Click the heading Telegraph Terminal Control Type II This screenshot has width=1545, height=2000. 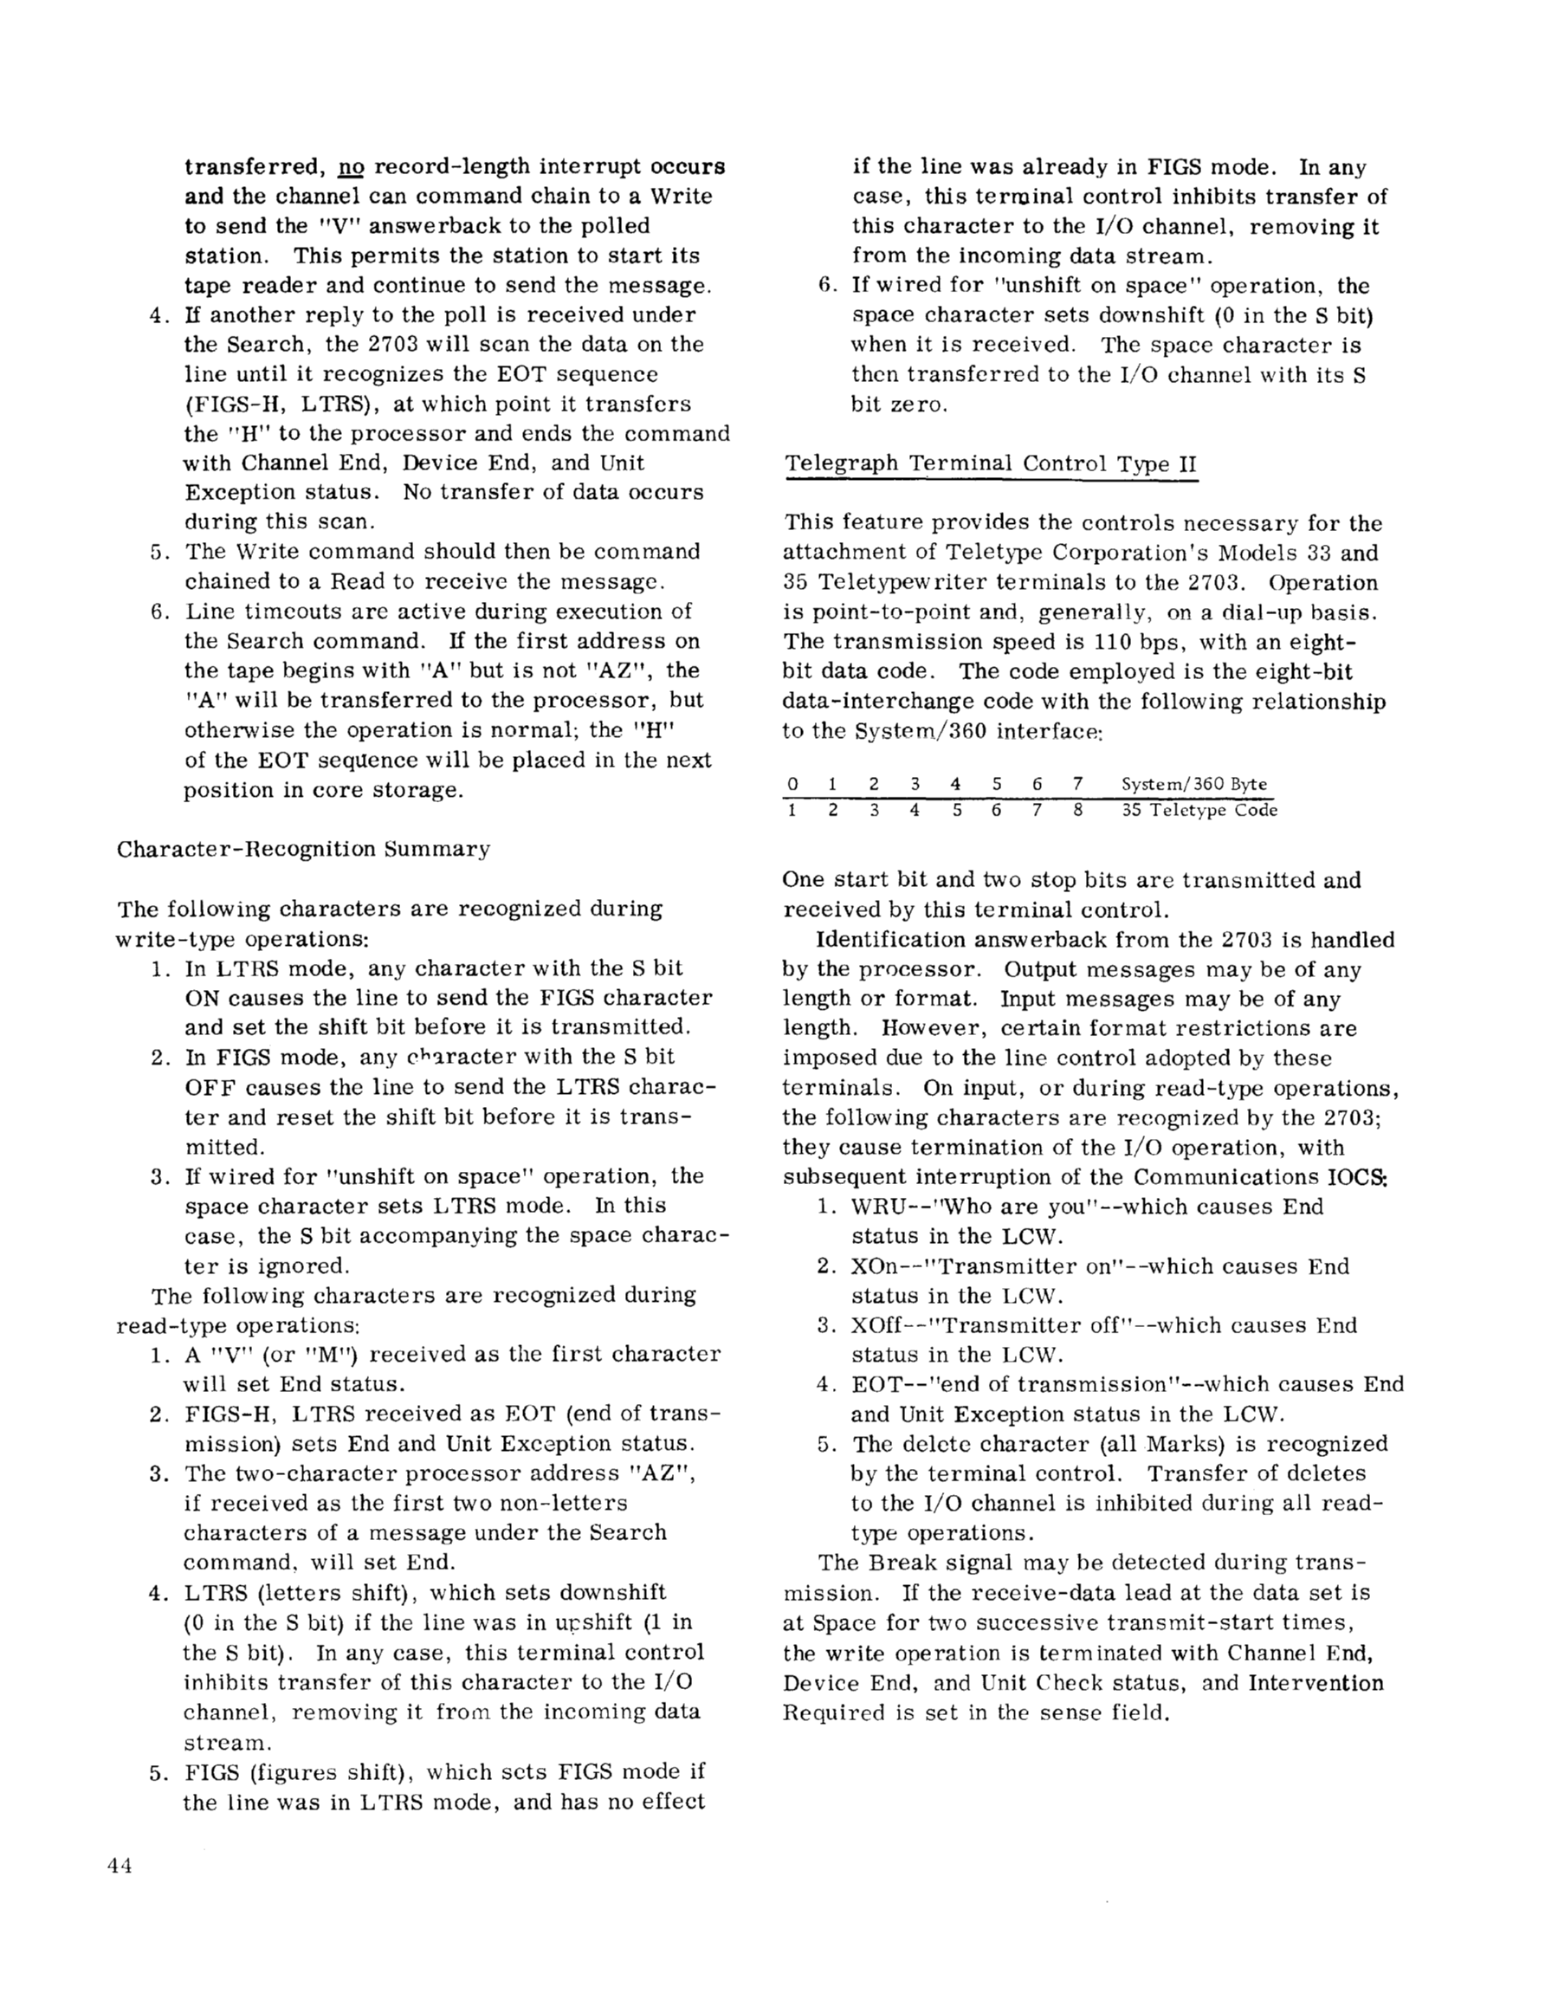(991, 463)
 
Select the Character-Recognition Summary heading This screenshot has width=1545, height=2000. (303, 849)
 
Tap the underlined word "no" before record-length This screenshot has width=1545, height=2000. (352, 167)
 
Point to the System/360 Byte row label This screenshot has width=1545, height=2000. (1193, 784)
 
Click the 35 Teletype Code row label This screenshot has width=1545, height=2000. (1199, 811)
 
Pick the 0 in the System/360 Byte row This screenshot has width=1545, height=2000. (792, 784)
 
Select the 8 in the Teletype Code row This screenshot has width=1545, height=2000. (1077, 811)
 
